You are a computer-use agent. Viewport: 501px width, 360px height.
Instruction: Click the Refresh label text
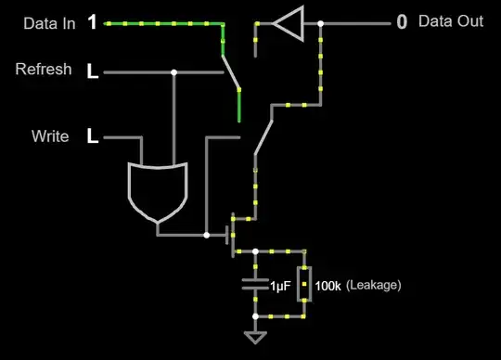tap(44, 70)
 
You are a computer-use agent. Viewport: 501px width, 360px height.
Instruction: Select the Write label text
tap(50, 136)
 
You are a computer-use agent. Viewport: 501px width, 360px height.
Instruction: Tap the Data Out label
tap(451, 21)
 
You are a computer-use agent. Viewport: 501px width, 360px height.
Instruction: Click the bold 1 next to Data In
tap(92, 22)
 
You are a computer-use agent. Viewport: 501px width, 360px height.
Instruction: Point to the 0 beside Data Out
tap(402, 22)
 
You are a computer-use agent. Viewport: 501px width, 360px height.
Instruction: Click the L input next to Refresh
tap(92, 71)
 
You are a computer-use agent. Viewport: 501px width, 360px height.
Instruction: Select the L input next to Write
tap(92, 137)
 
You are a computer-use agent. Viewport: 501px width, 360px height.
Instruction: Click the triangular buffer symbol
tap(289, 23)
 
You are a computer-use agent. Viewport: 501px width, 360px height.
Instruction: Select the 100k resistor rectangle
tap(303, 286)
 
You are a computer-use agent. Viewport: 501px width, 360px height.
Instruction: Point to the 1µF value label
tap(281, 286)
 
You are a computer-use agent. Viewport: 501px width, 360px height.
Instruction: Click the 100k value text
tap(328, 286)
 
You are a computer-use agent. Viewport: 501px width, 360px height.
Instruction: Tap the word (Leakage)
tap(373, 286)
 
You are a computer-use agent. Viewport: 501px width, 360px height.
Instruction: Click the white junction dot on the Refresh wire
tap(174, 71)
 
